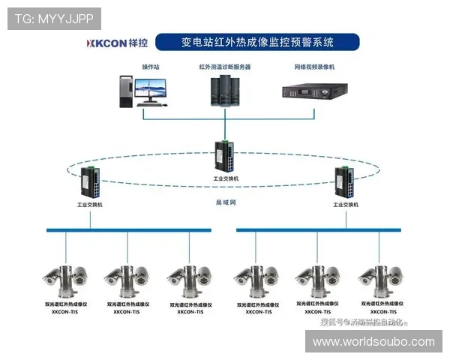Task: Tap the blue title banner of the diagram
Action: coord(259,41)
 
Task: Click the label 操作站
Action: coord(151,67)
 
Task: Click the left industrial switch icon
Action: coord(91,182)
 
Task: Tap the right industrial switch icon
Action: coord(347,182)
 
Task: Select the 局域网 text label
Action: coord(226,202)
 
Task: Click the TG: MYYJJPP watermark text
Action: coord(54,18)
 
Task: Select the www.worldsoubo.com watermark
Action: coord(373,342)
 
